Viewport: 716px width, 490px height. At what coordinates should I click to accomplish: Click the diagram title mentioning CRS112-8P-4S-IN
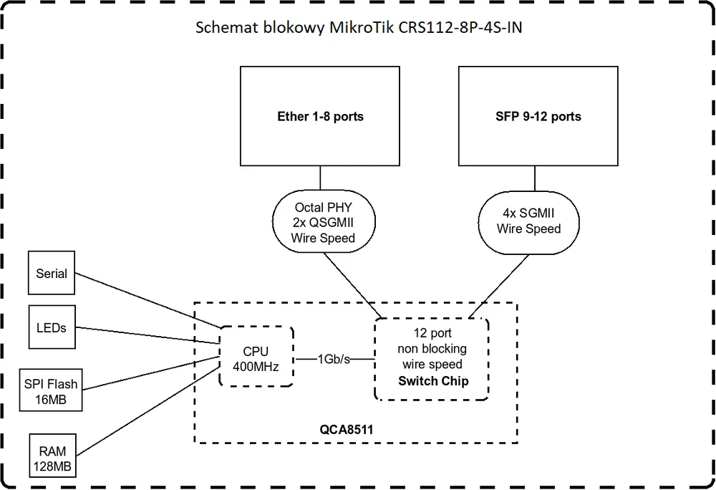pos(363,29)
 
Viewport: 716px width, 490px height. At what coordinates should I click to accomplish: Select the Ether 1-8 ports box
pos(320,116)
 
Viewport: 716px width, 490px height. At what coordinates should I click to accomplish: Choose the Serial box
pos(52,273)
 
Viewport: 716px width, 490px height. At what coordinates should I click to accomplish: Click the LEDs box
pos(52,327)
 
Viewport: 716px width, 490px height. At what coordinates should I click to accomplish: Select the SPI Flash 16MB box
pos(52,391)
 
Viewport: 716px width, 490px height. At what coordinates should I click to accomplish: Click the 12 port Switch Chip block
pos(432,357)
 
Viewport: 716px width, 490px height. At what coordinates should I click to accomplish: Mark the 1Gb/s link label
pos(334,357)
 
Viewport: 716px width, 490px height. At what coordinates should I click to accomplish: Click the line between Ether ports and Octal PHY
pos(320,178)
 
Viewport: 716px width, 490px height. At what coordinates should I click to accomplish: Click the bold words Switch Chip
pos(433,380)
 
